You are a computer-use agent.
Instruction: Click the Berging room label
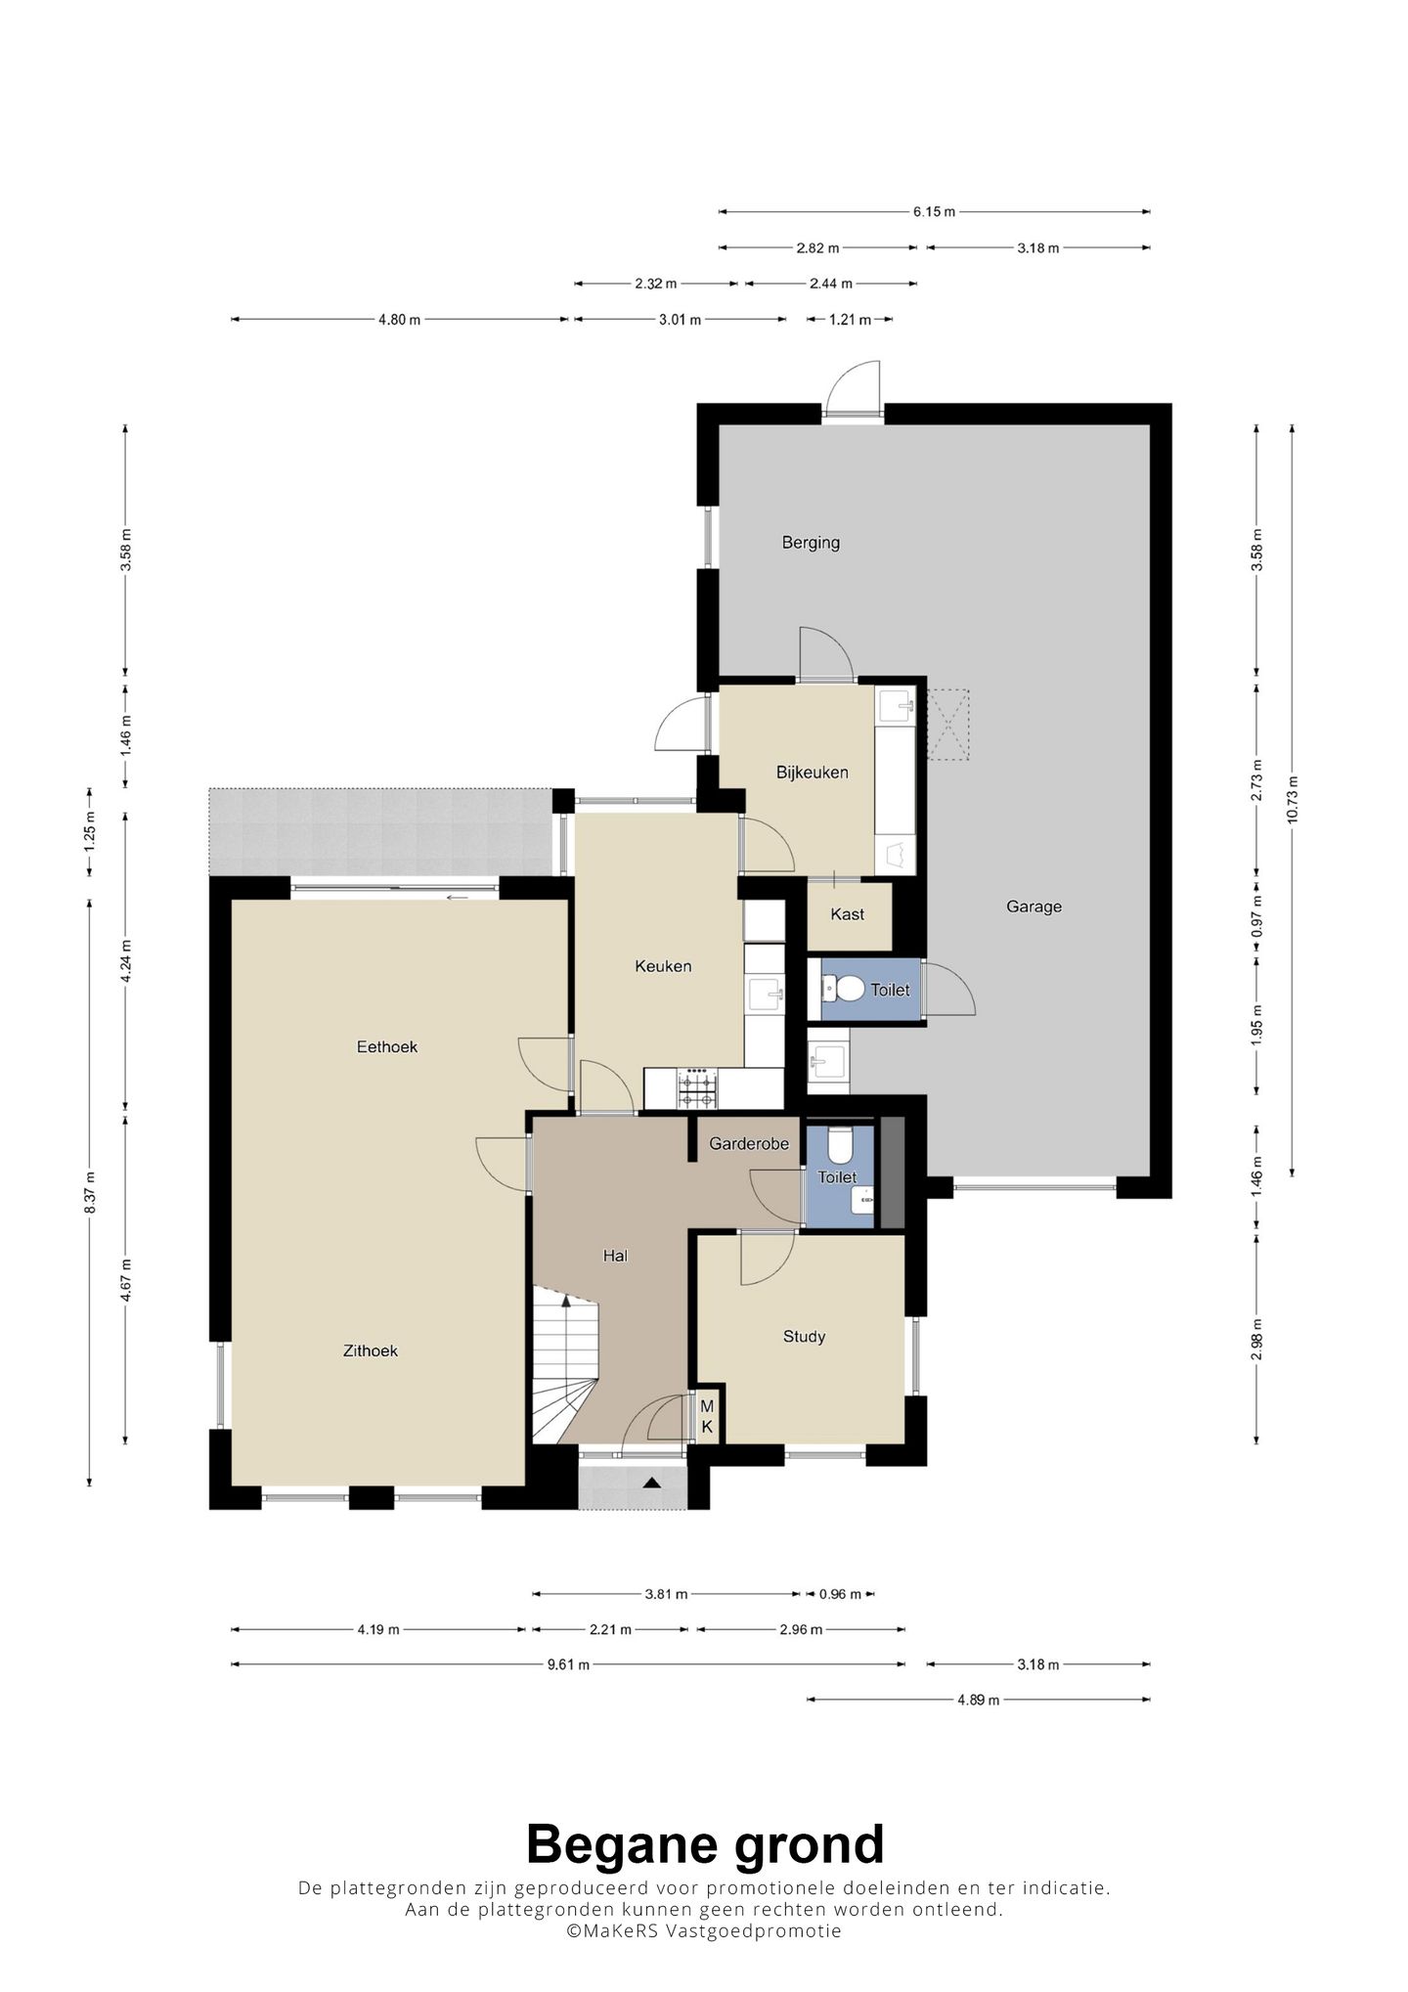pos(811,543)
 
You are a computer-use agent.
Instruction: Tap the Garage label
pos(1034,907)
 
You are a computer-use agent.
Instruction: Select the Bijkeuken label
pos(813,773)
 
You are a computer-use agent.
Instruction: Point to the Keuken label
pos(663,966)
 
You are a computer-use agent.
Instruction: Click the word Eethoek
pos(387,1046)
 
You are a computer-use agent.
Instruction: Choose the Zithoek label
pos(371,1350)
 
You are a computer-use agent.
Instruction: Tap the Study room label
pos(804,1337)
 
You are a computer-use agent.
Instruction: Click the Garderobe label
pos(749,1143)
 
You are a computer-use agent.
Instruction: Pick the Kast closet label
pos(847,914)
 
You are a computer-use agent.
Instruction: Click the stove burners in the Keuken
pos(699,1088)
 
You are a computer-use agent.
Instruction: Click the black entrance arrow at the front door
pos(651,1483)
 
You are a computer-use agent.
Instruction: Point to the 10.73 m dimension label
pos(1293,800)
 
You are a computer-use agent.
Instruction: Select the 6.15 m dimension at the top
pos(934,211)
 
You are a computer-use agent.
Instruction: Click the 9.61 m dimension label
pos(568,1664)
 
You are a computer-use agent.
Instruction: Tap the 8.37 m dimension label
pos(90,1193)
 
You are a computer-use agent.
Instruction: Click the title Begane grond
pos(705,1845)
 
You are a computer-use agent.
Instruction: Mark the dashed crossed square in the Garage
pos(947,725)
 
